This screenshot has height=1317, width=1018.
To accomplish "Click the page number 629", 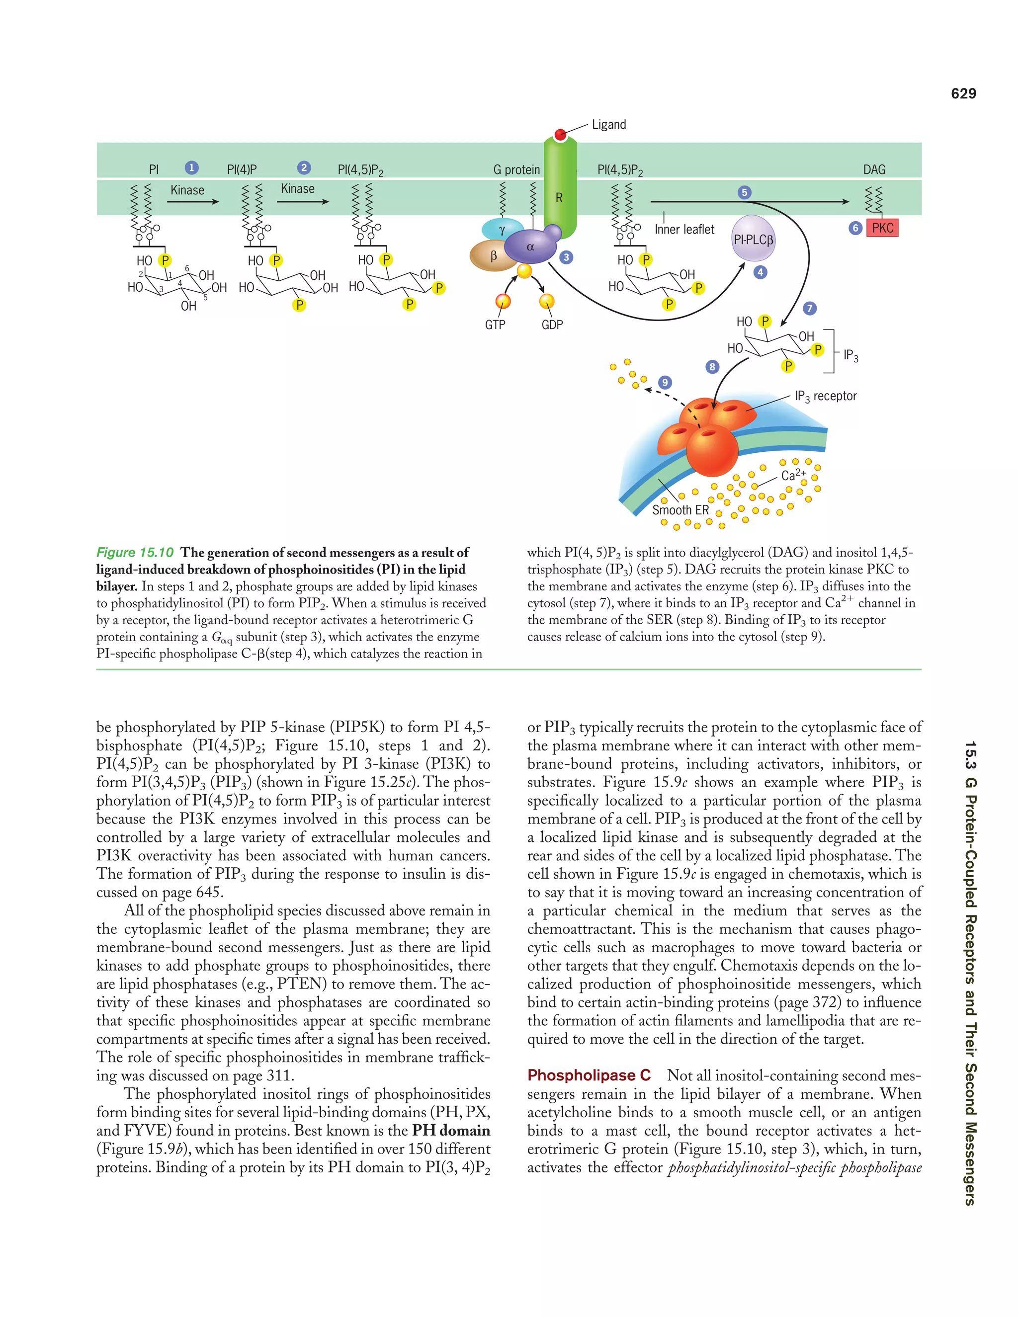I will (x=963, y=93).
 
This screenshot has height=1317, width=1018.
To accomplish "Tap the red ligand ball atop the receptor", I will (x=560, y=134).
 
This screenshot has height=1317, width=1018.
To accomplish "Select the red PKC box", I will (x=882, y=228).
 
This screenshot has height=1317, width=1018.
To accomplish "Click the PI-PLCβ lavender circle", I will (x=753, y=239).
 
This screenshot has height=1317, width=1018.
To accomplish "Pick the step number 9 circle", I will (x=665, y=382).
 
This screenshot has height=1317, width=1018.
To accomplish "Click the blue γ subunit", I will (x=502, y=230).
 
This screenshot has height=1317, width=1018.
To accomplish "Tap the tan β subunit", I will (x=492, y=255).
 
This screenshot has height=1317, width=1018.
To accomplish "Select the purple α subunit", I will (x=531, y=246).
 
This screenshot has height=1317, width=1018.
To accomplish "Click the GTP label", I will (x=495, y=325).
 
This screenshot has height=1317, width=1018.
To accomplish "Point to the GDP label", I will (x=552, y=325).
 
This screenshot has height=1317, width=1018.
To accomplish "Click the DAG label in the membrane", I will (x=874, y=169).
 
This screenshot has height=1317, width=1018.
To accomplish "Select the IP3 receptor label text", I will (x=826, y=396).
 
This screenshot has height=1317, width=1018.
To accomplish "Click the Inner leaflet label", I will (x=684, y=229).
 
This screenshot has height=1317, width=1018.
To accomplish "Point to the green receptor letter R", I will (x=559, y=197).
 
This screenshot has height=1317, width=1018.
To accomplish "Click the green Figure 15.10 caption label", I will (x=135, y=552).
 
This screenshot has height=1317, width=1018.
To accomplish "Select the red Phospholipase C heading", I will (x=589, y=1075).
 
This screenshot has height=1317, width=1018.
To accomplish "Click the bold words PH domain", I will (x=451, y=1131).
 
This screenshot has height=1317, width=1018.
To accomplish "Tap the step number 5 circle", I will (x=744, y=192).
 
